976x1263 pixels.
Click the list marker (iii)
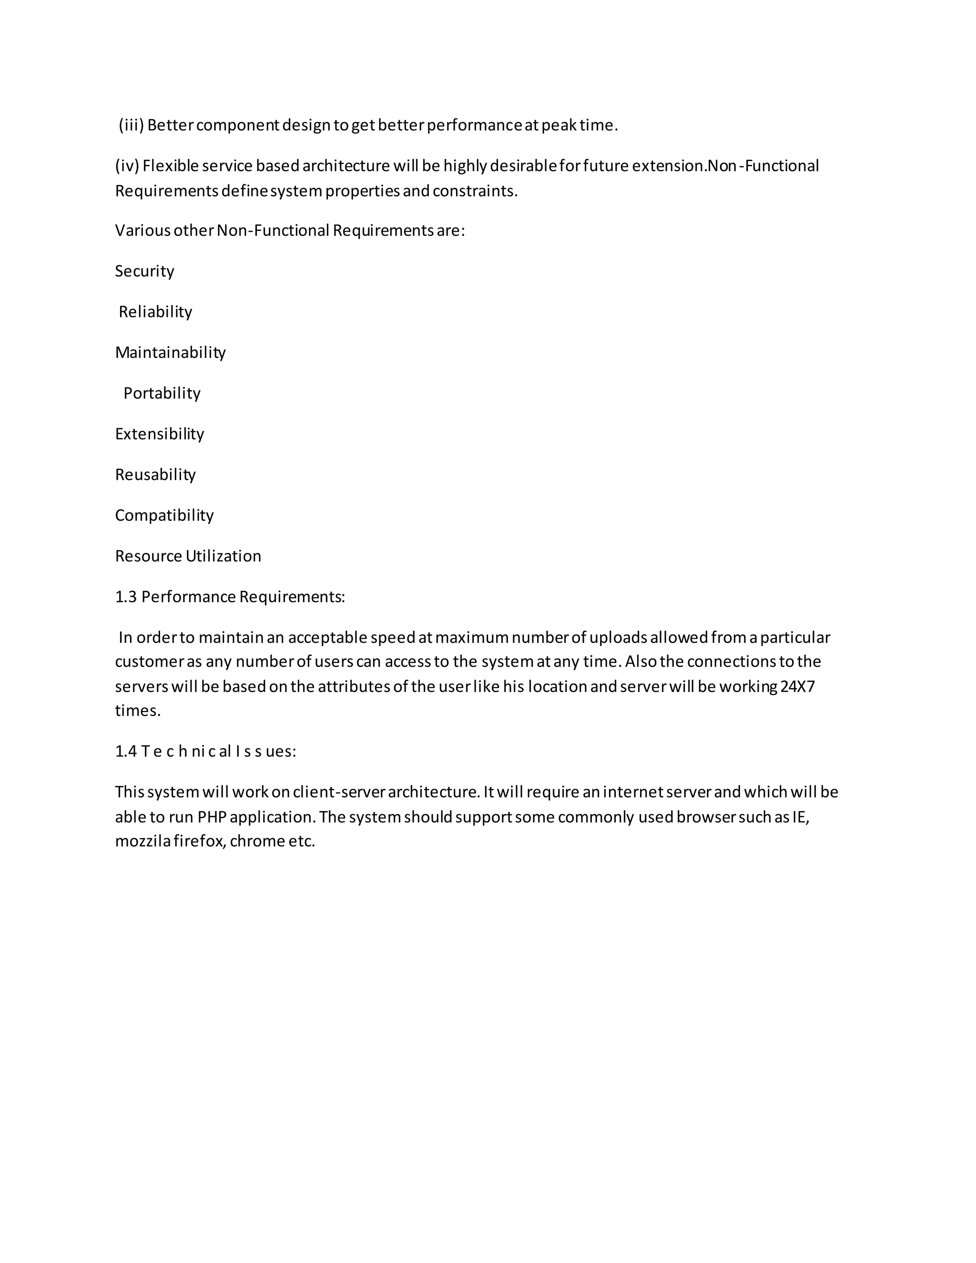point(131,125)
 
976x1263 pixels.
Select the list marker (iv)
point(127,166)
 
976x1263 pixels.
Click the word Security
point(144,271)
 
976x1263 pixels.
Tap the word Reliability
point(155,312)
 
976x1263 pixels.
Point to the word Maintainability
point(171,353)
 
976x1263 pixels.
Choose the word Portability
point(162,393)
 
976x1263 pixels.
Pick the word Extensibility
point(160,434)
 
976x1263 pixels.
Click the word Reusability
point(155,475)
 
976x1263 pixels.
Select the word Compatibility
point(164,515)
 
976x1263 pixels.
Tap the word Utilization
point(223,556)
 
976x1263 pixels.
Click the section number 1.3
point(125,597)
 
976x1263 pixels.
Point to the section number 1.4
point(125,751)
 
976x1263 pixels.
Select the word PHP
point(212,817)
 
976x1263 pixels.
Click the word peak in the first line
point(559,125)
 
